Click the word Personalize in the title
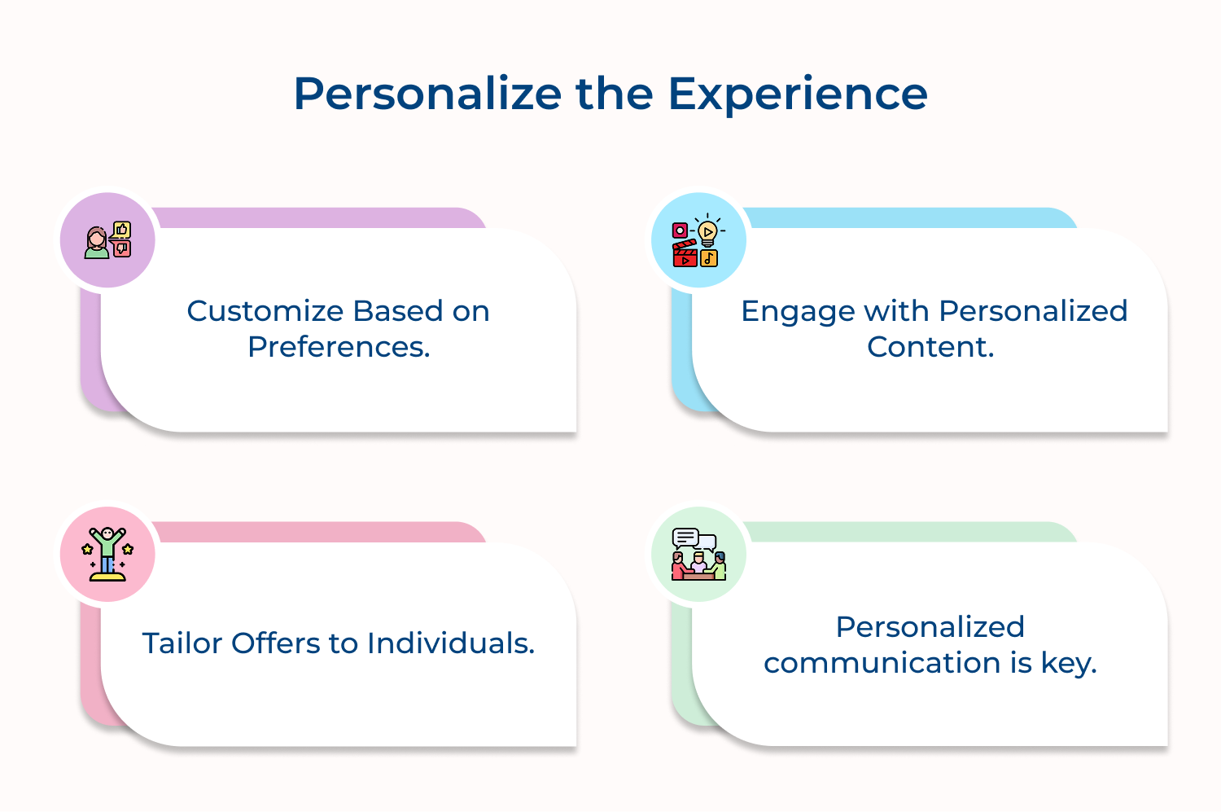point(427,94)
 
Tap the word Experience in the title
point(798,95)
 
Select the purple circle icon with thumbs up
point(107,240)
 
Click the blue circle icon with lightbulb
point(698,240)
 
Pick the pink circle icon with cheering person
point(107,555)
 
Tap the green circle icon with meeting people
point(698,555)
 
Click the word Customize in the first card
point(265,311)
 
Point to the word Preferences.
point(339,348)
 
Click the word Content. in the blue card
point(930,347)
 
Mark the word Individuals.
point(451,643)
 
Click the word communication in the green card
point(882,663)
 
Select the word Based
point(398,311)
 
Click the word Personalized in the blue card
point(1033,311)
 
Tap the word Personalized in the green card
point(930,627)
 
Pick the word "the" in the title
point(615,94)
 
